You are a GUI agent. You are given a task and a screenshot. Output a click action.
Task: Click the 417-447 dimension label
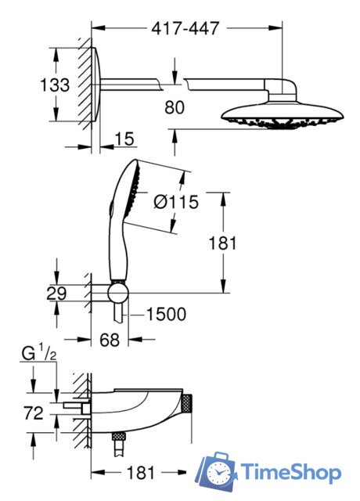click(x=185, y=28)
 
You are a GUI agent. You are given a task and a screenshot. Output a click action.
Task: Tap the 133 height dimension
click(x=55, y=85)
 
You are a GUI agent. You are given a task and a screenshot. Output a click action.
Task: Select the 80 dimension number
click(x=175, y=107)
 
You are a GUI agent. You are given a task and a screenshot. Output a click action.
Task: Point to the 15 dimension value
click(x=124, y=139)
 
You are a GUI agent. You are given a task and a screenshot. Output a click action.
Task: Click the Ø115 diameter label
click(x=176, y=202)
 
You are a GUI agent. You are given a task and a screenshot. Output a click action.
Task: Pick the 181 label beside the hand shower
click(x=222, y=243)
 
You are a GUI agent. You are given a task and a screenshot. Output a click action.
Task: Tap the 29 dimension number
click(x=56, y=294)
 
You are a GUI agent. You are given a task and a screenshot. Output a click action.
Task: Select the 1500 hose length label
click(x=166, y=314)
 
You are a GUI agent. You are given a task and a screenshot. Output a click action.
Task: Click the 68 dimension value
click(x=110, y=340)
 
